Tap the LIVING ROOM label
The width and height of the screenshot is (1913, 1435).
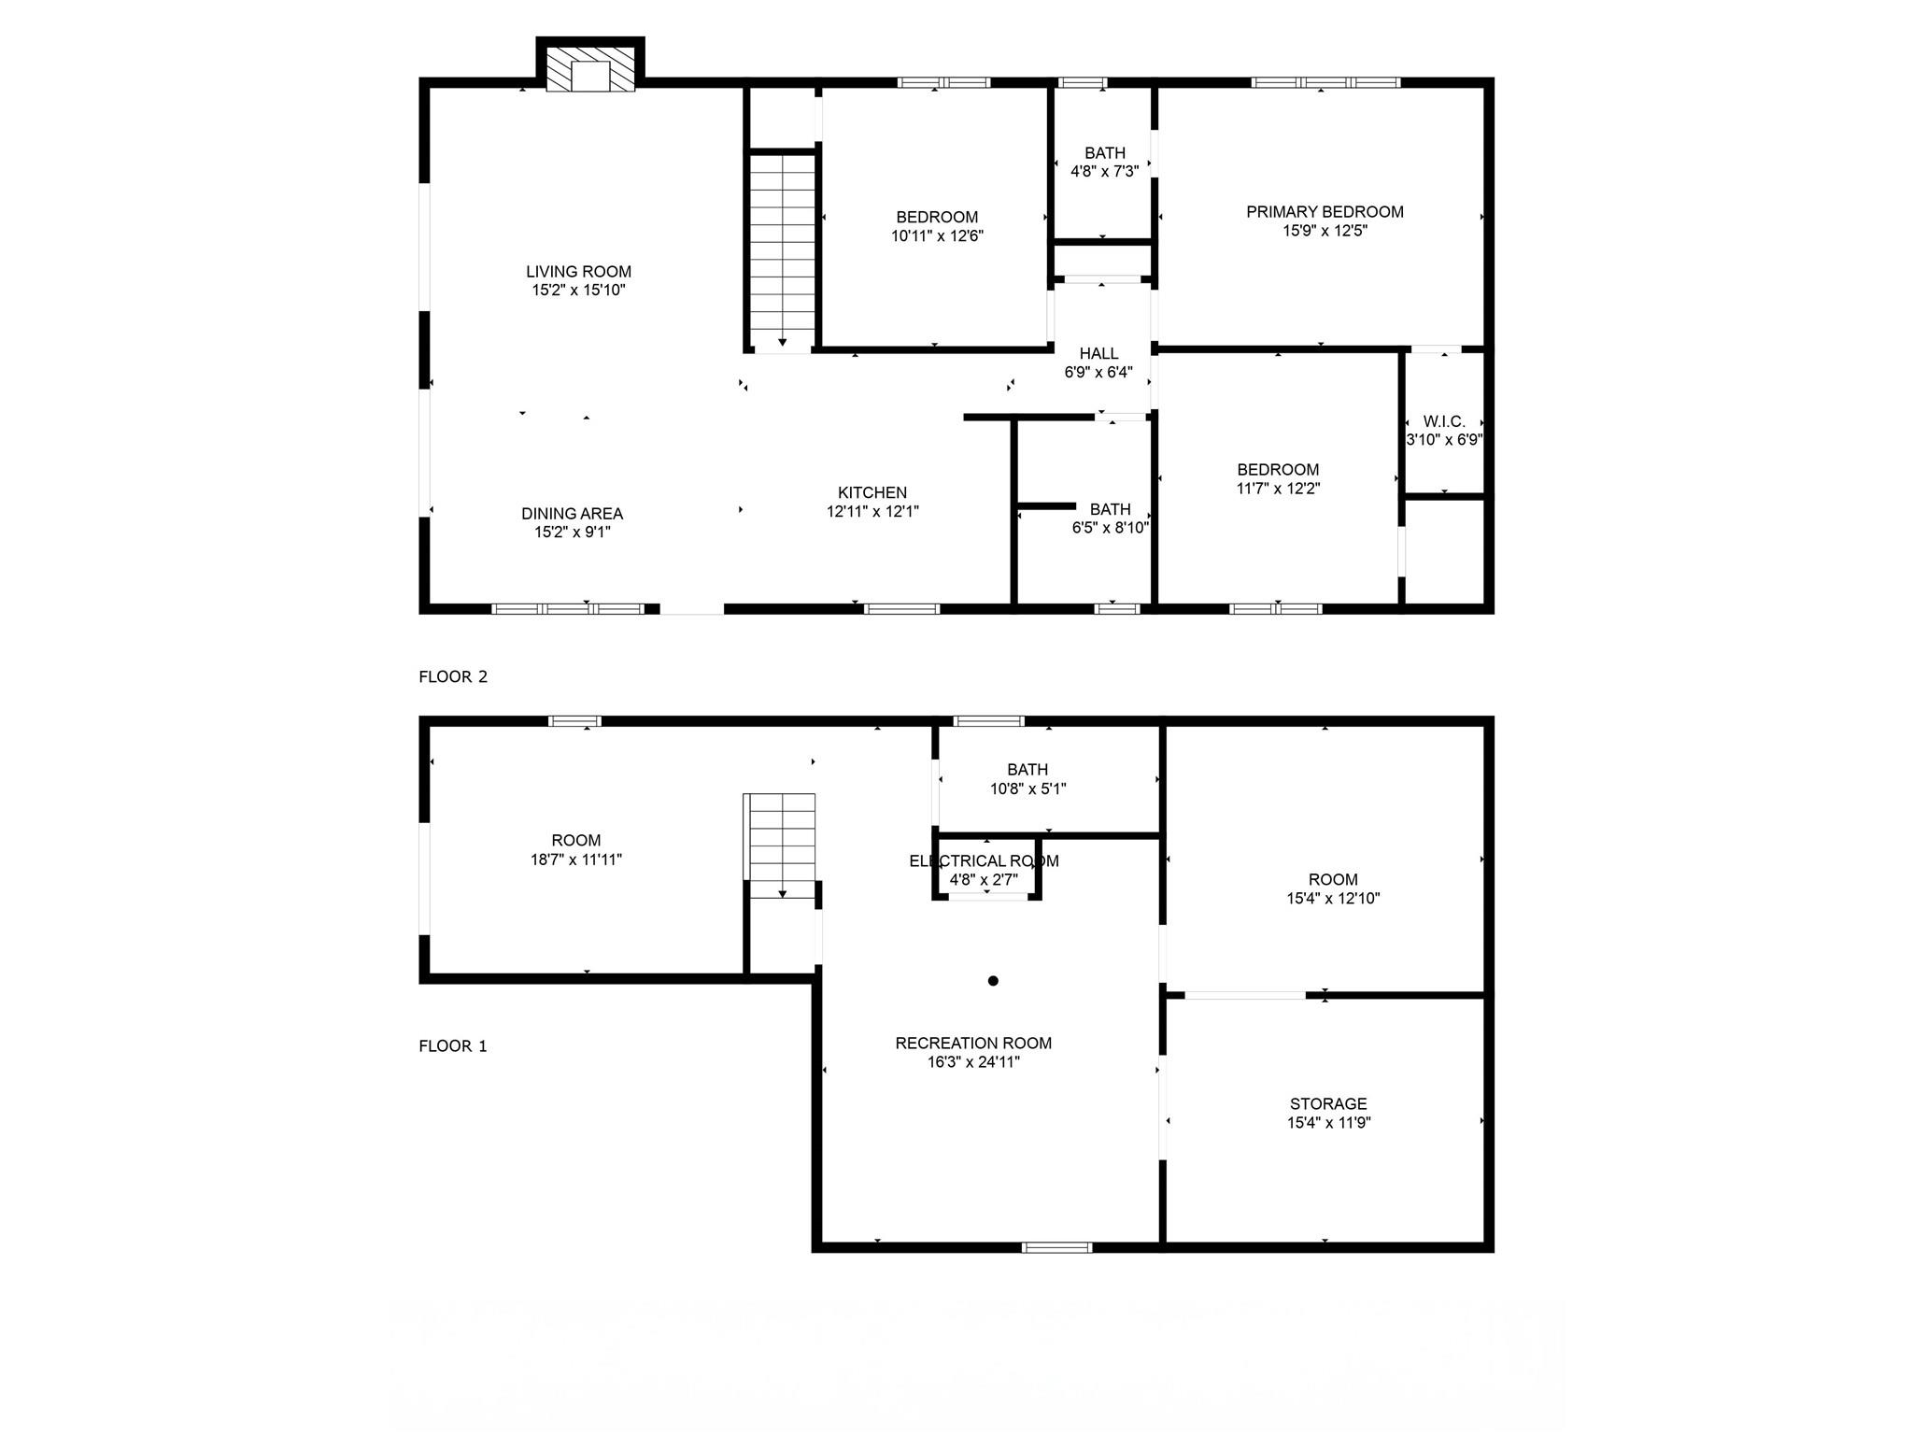[x=578, y=272]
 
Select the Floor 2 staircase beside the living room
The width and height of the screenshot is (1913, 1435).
[x=783, y=252]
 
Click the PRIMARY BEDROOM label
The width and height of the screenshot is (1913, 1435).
[x=1325, y=212]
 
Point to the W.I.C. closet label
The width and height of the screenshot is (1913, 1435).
[x=1444, y=421]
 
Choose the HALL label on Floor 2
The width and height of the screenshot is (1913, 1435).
[x=1098, y=354]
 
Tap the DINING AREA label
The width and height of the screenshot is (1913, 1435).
[x=572, y=514]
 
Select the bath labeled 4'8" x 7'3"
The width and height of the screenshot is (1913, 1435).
[x=1104, y=162]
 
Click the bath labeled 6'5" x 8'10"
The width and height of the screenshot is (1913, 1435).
[x=1110, y=519]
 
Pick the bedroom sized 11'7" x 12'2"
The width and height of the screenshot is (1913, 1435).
[x=1278, y=478]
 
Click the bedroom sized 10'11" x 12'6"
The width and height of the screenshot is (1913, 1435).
[x=937, y=227]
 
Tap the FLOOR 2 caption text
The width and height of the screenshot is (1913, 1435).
[x=453, y=676]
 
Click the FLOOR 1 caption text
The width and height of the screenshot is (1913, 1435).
[x=453, y=1045]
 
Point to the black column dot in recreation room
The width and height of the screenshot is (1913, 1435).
[x=993, y=981]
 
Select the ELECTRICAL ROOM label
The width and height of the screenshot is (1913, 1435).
[x=984, y=860]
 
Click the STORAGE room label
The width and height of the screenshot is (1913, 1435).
[x=1328, y=1104]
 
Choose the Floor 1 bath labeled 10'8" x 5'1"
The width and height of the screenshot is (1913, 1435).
[x=1027, y=779]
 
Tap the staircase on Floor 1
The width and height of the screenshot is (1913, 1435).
[x=781, y=845]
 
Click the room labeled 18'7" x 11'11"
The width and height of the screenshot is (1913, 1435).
[x=576, y=849]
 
